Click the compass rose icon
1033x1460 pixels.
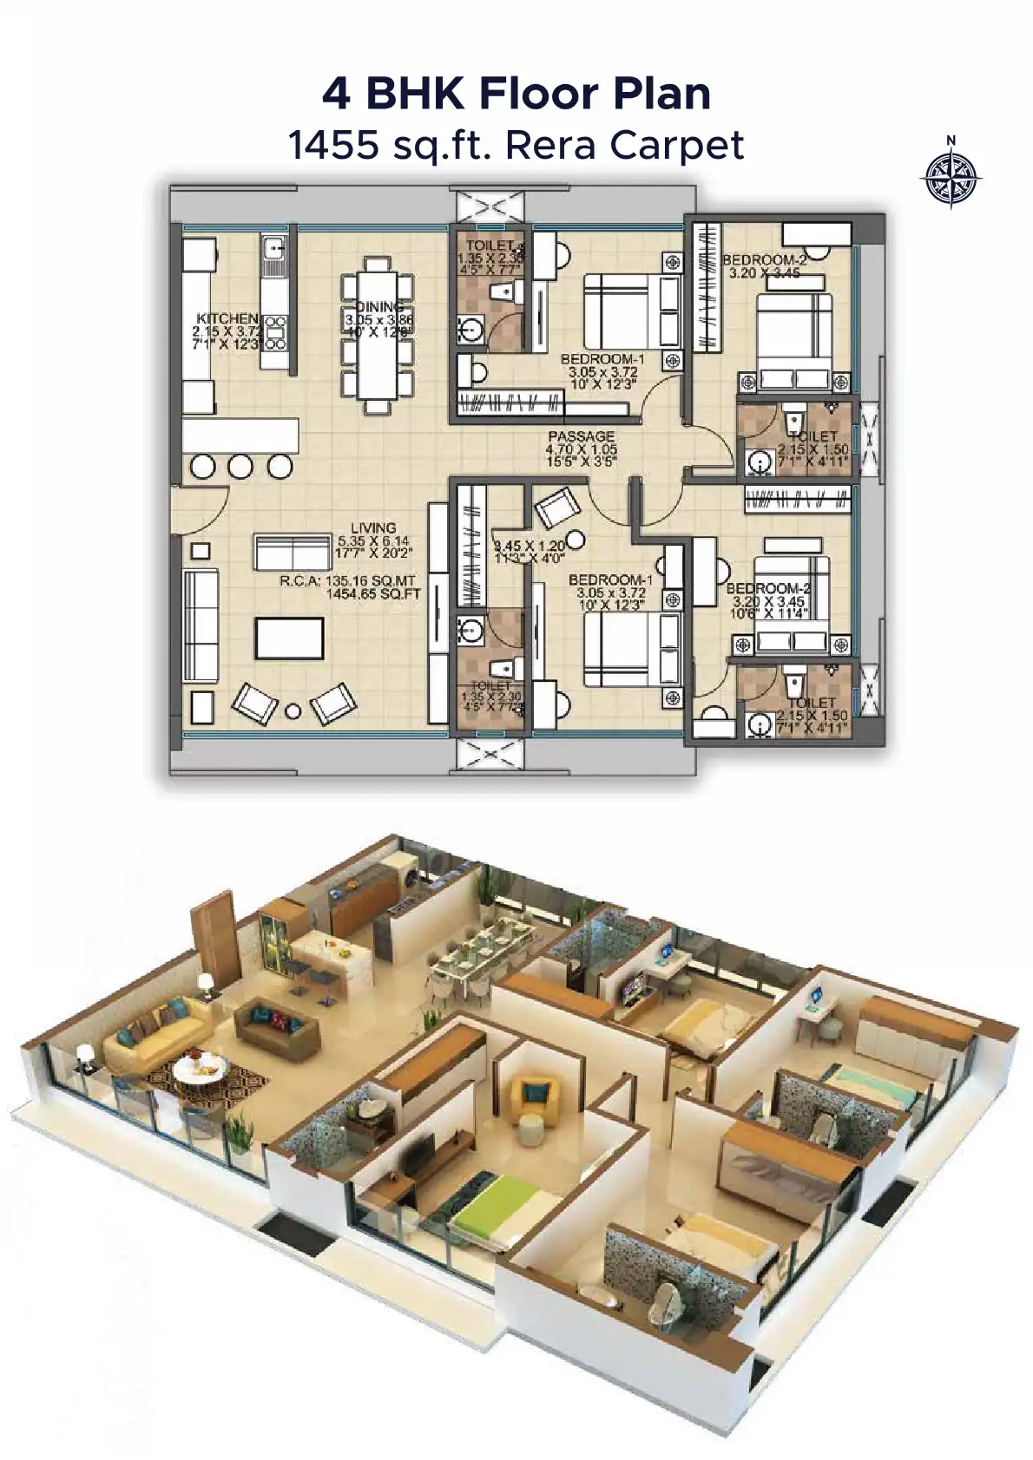pos(951,179)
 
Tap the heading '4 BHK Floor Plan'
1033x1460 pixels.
pos(516,93)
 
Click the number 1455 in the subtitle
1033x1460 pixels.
pos(333,145)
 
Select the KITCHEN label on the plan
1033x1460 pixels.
pos(227,318)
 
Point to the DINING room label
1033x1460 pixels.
pos(379,307)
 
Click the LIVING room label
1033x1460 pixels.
pos(373,527)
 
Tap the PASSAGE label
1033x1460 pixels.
pos(581,436)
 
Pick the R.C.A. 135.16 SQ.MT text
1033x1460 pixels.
pos(347,581)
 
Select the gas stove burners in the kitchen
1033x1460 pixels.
pos(276,332)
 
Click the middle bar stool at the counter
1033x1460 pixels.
pos(240,467)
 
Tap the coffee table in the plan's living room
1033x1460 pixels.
pos(289,638)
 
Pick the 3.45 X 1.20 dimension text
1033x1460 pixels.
pos(529,547)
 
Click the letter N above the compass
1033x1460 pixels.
pos(951,141)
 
